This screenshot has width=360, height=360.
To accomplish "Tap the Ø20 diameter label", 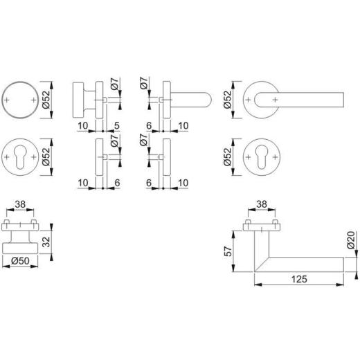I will coord(352,243).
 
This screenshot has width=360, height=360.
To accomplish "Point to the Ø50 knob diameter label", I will coord(20,261).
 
